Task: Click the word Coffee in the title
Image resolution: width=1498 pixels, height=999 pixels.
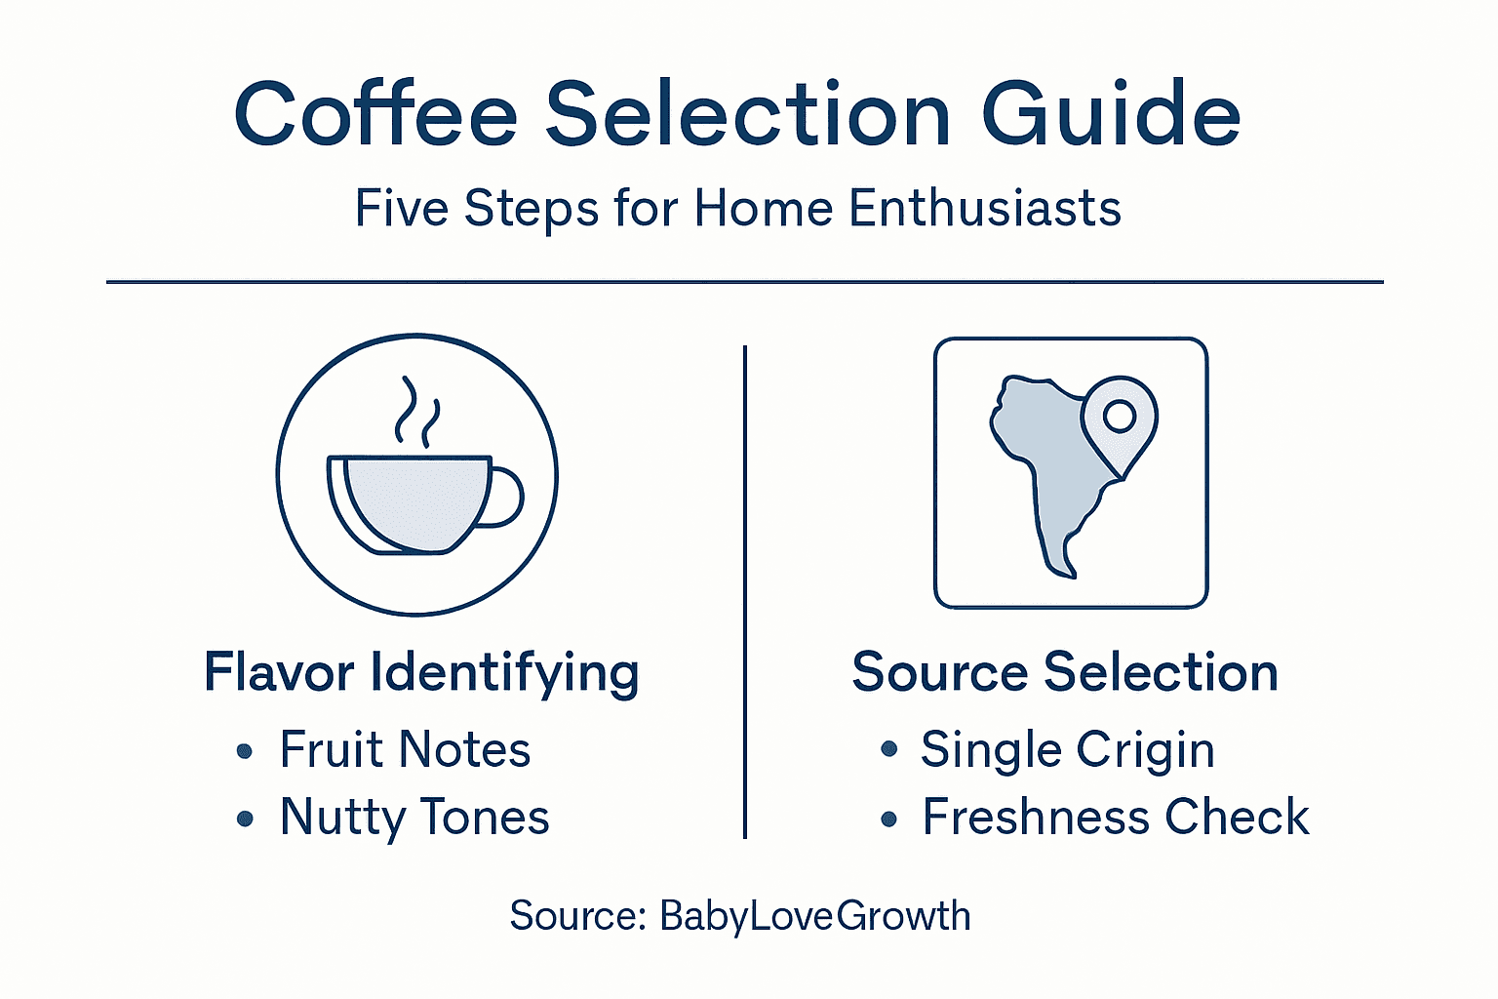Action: click(x=375, y=115)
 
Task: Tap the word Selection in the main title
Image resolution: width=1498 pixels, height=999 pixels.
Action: click(x=747, y=115)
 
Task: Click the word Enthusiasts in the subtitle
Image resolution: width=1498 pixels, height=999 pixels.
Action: click(x=985, y=209)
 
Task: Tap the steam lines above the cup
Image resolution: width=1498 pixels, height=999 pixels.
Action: click(x=416, y=412)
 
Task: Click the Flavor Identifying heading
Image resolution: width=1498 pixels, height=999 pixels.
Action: click(x=421, y=673)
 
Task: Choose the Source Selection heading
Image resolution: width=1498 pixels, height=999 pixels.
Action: click(x=1065, y=673)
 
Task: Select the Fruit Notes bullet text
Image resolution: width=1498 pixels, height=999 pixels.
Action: click(x=405, y=750)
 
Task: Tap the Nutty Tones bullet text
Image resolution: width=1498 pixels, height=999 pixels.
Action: click(x=414, y=818)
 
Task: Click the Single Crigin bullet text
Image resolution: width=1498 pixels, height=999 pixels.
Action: click(x=1068, y=750)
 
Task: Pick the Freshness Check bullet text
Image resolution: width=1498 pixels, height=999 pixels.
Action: click(x=1116, y=818)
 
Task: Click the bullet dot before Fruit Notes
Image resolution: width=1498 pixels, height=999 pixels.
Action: click(x=245, y=751)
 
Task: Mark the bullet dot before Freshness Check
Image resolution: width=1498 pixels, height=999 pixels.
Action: click(x=888, y=819)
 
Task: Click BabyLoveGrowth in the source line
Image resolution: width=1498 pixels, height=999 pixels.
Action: click(x=815, y=916)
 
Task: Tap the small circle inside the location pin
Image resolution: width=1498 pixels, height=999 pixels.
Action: click(x=1120, y=416)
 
